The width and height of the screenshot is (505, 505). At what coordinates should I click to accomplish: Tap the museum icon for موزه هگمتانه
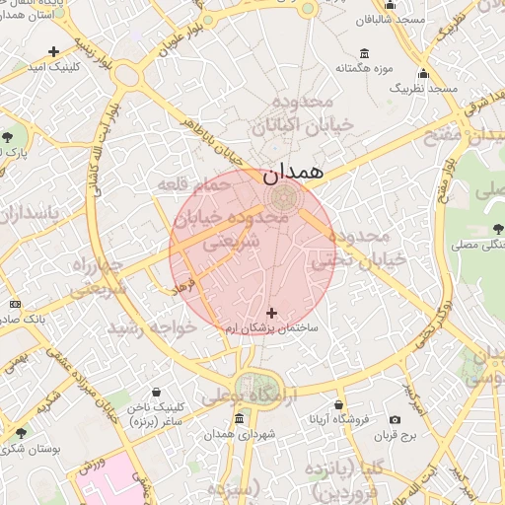(x=365, y=53)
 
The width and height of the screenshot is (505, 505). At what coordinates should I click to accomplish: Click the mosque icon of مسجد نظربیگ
(x=423, y=74)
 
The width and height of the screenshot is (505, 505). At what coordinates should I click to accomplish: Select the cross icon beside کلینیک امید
(x=53, y=51)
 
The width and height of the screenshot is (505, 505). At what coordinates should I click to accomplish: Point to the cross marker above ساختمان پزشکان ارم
(x=272, y=313)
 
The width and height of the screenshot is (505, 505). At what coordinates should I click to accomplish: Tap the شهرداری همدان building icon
(x=240, y=420)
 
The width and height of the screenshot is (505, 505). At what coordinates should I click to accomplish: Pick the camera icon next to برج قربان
(x=396, y=420)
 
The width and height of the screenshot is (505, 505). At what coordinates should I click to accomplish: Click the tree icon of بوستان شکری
(x=21, y=433)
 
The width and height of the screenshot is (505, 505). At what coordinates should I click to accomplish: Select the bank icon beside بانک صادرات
(x=15, y=304)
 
